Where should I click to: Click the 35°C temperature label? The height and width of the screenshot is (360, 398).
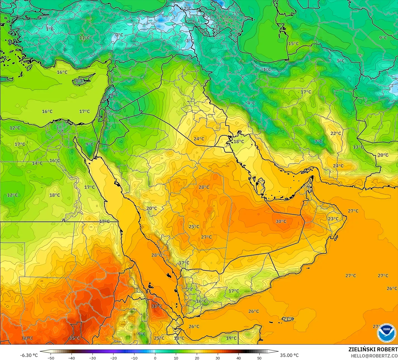coord(75,338)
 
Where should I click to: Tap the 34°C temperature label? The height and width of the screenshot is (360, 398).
coord(27,338)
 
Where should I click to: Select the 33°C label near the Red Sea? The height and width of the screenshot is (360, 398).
coord(157,306)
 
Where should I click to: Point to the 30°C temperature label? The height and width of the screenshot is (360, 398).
coord(281,221)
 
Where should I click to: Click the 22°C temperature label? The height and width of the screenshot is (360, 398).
coord(336,133)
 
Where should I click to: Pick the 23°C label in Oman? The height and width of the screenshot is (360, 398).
coord(333,219)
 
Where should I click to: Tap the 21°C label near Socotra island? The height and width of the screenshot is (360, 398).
coord(288,319)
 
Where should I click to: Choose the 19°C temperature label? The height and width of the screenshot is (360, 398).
coord(231,338)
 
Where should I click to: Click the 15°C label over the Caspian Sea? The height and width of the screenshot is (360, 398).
coord(293,43)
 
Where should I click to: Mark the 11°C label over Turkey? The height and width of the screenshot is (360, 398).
coord(84,38)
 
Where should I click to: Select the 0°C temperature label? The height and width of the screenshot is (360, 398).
coord(119,35)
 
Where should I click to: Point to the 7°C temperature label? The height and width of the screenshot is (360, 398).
coord(318,142)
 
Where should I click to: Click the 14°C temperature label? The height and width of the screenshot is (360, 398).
coord(37,163)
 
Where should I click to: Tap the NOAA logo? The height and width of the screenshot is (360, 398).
coord(386,333)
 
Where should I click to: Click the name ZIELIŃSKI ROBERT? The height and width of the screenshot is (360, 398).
coord(373,349)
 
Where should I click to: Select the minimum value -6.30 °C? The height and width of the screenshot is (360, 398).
coord(29,355)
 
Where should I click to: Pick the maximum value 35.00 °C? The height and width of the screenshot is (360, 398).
coord(289,355)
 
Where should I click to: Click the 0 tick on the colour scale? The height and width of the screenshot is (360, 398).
coord(155,358)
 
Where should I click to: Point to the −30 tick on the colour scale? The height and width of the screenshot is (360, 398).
coord(93,358)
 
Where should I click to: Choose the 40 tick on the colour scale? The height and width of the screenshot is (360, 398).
coord(238,358)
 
